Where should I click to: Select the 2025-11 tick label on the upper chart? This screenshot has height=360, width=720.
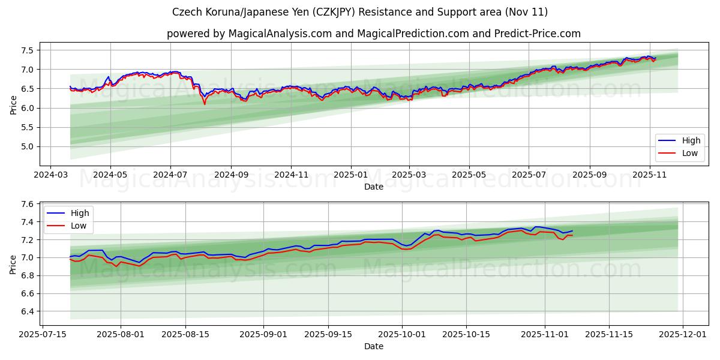click(649, 175)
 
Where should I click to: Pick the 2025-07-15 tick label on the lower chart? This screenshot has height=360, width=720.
click(42, 334)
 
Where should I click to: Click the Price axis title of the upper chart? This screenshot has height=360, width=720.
click(13, 104)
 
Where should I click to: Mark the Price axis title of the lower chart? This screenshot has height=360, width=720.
click(13, 264)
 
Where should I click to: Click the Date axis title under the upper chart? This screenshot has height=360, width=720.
click(373, 187)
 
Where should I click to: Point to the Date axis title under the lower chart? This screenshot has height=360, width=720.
click(373, 346)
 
